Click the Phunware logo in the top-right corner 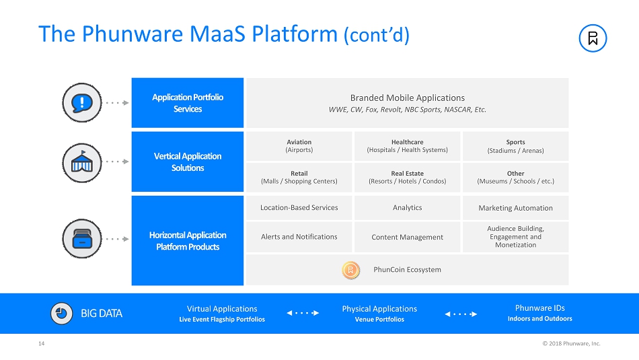point(593,38)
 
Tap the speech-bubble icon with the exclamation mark point(81,102)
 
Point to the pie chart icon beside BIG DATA point(63,313)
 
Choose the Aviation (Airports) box point(299,146)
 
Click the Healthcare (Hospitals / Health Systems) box point(407,146)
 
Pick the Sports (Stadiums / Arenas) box point(515,146)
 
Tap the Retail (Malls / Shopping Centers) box point(299,177)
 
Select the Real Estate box point(407,177)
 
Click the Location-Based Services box point(299,208)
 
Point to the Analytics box point(407,208)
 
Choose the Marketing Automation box point(515,208)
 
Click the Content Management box point(407,237)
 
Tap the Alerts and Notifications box point(299,237)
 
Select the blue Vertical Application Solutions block point(188,161)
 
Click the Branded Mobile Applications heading point(408,98)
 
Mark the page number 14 point(41,344)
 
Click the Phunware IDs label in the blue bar point(539,308)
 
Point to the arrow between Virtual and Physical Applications point(303,313)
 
